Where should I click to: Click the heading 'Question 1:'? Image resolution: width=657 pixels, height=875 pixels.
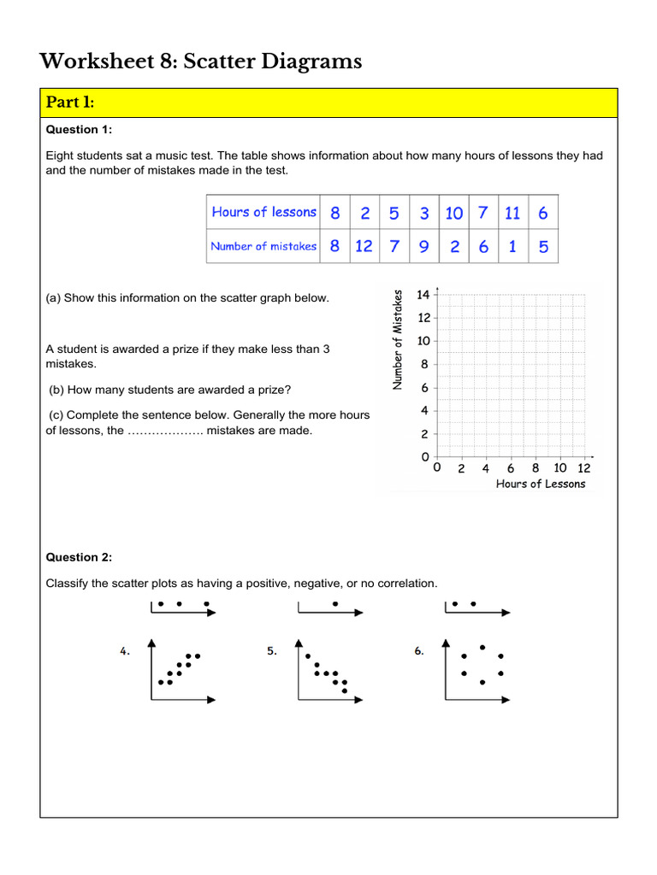[x=79, y=130]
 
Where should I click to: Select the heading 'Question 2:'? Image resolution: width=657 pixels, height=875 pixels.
[x=79, y=557]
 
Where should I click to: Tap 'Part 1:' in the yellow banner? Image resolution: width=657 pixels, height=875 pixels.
[x=71, y=103]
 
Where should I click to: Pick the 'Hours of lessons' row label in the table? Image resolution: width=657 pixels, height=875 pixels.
[x=263, y=212]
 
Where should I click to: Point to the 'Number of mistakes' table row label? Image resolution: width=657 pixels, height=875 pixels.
[x=263, y=246]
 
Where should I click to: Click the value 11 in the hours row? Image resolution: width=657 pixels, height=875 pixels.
[x=512, y=213]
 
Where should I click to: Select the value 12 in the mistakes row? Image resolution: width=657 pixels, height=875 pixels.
[x=364, y=246]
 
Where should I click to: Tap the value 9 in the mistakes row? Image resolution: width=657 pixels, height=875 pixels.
[x=424, y=246]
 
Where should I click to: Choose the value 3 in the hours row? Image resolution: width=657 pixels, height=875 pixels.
[x=424, y=213]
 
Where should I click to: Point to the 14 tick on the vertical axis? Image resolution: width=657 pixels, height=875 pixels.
[x=423, y=295]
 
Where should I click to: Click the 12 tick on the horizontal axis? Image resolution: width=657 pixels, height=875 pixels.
[x=584, y=468]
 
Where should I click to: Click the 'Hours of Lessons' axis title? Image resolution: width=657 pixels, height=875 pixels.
[x=541, y=484]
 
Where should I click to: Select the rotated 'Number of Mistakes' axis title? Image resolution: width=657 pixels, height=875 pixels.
[x=397, y=340]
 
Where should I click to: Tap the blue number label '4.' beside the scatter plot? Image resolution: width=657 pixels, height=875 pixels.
[x=125, y=651]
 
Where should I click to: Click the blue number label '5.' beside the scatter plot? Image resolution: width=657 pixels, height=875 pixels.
[x=272, y=651]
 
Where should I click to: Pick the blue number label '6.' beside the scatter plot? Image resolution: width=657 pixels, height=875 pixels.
[x=419, y=651]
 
